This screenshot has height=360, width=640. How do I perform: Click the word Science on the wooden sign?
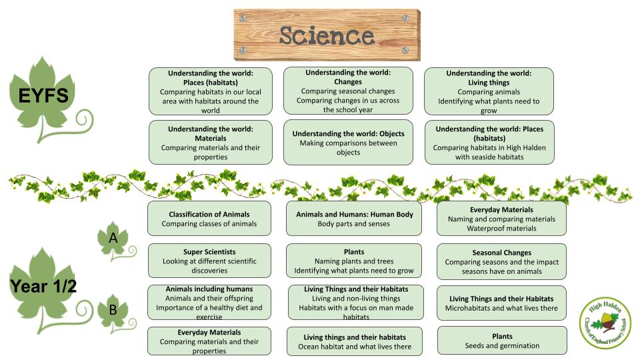(x=327, y=35)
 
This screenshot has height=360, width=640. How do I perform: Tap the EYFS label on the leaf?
(x=44, y=95)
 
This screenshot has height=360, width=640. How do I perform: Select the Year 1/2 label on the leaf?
(x=43, y=286)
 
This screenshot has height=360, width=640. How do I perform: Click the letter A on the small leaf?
(x=113, y=237)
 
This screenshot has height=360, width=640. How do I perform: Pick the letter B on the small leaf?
(x=113, y=310)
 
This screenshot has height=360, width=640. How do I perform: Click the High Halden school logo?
(x=605, y=323)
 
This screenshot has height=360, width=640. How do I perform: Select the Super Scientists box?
(x=209, y=261)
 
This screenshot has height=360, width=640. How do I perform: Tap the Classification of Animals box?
(x=209, y=219)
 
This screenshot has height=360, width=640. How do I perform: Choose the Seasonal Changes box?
(x=501, y=261)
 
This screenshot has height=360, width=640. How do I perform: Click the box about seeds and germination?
(x=502, y=341)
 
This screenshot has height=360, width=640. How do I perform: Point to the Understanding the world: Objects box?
(x=348, y=143)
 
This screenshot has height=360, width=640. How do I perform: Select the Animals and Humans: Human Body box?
(x=354, y=219)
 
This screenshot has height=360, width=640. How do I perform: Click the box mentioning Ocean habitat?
(x=355, y=341)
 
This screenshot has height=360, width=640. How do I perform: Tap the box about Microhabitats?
(x=501, y=303)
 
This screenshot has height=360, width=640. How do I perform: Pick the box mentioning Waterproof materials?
(x=501, y=219)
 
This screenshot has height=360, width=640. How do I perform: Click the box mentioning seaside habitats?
(x=489, y=143)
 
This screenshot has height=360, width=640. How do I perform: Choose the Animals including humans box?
(x=209, y=303)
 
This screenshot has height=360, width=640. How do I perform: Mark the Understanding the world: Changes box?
(x=348, y=91)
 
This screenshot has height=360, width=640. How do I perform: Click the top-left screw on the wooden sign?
(x=243, y=19)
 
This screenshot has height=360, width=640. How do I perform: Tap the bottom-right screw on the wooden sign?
(x=406, y=50)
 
